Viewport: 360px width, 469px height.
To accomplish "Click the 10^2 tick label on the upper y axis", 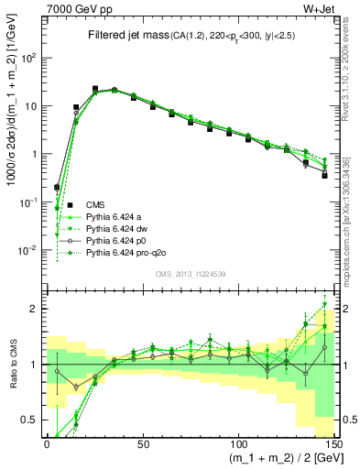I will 30,58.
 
